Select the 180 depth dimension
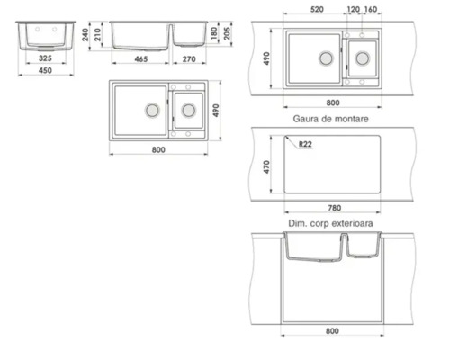[x=213, y=33]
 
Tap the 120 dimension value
[x=354, y=11]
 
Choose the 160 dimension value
[x=371, y=11]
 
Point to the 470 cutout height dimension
[x=267, y=168]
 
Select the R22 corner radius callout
[x=304, y=144]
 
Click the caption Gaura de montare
[x=332, y=117]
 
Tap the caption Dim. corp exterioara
[x=333, y=221]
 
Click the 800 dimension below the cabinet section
[x=333, y=331]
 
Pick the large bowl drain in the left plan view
[x=152, y=109]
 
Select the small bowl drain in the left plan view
[x=188, y=110]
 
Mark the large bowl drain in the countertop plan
[x=323, y=57]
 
